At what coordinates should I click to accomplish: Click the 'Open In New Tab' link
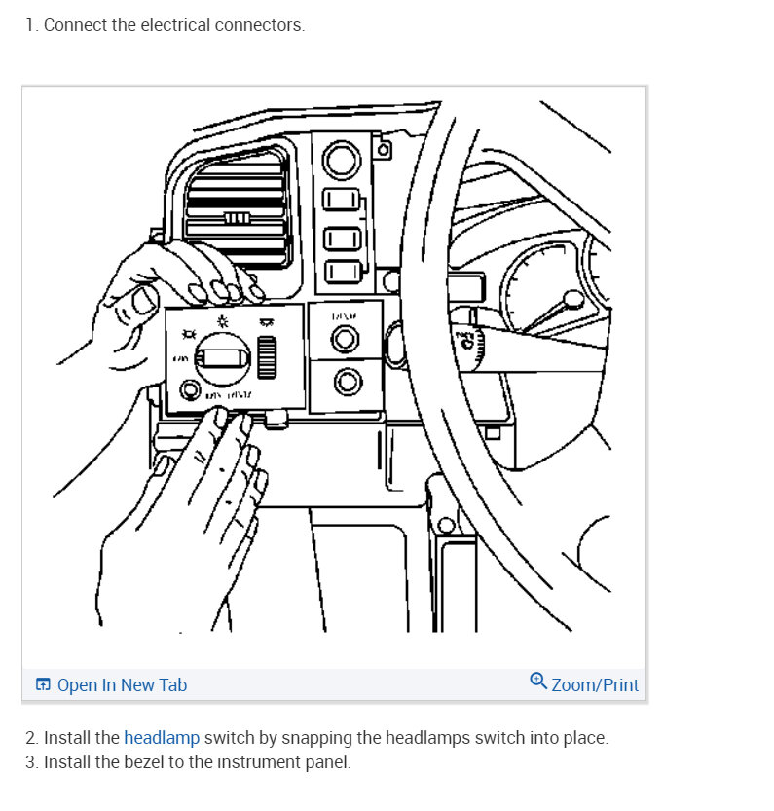click(122, 685)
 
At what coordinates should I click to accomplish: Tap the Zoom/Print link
click(594, 685)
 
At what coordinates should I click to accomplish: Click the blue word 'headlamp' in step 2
click(162, 738)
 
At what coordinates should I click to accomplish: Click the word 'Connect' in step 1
click(75, 25)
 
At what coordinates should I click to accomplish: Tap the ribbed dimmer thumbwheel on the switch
click(268, 352)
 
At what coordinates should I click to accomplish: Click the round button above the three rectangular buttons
click(342, 159)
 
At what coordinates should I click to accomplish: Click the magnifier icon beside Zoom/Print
click(537, 681)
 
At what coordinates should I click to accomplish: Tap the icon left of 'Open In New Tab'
click(43, 685)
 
